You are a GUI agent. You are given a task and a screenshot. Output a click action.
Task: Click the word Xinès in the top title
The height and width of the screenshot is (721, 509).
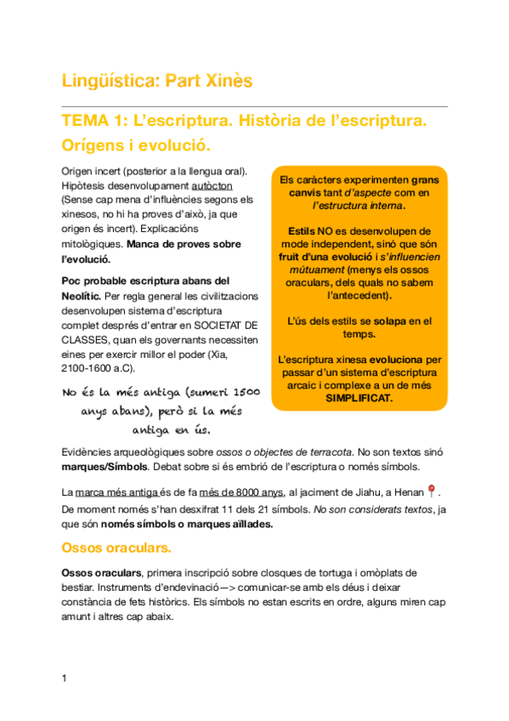pos(229,81)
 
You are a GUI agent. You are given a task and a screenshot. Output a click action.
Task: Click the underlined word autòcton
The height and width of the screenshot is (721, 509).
pos(212,185)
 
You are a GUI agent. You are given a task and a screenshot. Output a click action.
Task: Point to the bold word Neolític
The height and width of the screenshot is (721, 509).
pos(82,296)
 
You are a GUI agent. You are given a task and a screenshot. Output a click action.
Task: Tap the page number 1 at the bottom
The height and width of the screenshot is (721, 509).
pos(64,678)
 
